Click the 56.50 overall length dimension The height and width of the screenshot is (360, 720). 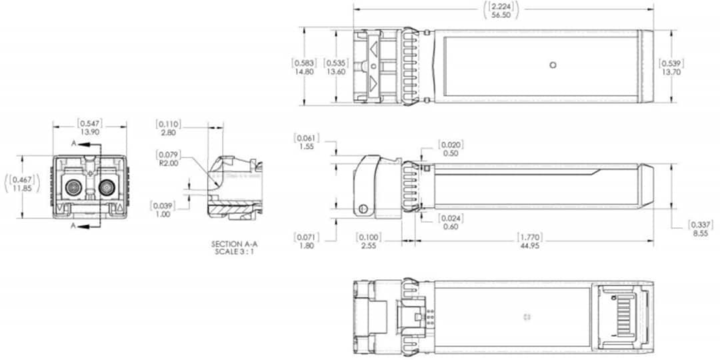(502, 14)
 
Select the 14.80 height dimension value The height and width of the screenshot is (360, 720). (304, 71)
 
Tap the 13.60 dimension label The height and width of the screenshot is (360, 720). (335, 71)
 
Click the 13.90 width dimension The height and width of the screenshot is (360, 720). (89, 133)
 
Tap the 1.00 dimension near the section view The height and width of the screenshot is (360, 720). (162, 214)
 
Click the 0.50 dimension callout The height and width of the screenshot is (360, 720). (451, 153)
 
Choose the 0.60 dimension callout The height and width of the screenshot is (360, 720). (451, 226)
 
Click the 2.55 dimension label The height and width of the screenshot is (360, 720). (369, 245)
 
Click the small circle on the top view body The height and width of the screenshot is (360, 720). (551, 65)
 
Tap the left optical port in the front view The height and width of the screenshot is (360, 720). (73, 188)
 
